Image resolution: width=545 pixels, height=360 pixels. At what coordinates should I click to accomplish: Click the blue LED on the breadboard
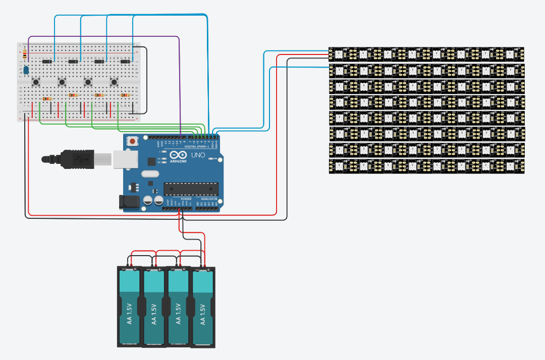(x=26, y=70)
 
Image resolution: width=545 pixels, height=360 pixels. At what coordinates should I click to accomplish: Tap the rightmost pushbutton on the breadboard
(x=114, y=82)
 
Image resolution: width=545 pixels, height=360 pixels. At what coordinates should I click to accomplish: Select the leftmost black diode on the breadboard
(x=46, y=62)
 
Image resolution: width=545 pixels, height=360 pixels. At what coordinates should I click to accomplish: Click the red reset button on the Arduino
(x=133, y=142)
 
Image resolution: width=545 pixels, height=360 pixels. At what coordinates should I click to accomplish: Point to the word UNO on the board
(x=198, y=155)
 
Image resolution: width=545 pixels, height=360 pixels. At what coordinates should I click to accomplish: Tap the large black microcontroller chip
(x=191, y=189)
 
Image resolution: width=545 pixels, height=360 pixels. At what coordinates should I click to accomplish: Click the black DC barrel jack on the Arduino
(x=128, y=202)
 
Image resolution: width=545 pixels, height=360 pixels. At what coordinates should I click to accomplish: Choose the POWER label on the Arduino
(x=186, y=199)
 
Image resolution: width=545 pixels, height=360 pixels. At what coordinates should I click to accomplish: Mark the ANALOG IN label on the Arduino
(x=209, y=199)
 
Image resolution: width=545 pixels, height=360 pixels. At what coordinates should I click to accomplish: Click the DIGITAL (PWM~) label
(x=203, y=146)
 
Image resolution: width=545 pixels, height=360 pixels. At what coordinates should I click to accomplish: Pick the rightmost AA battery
(x=203, y=308)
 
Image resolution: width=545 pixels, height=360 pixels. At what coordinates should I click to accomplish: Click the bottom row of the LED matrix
(x=426, y=166)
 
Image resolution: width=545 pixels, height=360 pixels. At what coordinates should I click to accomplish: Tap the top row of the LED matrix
(x=426, y=53)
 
